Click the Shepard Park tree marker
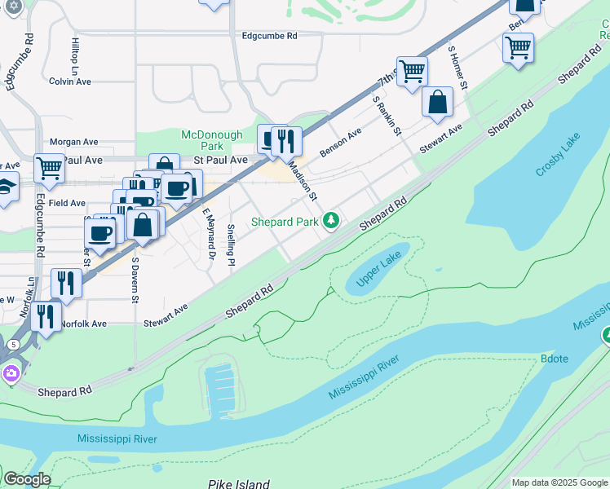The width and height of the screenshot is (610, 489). click(x=331, y=220)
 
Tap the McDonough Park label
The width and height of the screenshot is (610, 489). click(x=212, y=140)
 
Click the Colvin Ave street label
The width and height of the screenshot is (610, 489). click(x=70, y=81)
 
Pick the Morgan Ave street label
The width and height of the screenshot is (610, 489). click(x=73, y=141)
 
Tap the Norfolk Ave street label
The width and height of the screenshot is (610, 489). click(x=83, y=324)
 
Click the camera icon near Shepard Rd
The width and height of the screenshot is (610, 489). click(x=10, y=373)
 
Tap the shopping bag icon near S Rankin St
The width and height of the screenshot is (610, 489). click(x=438, y=103)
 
